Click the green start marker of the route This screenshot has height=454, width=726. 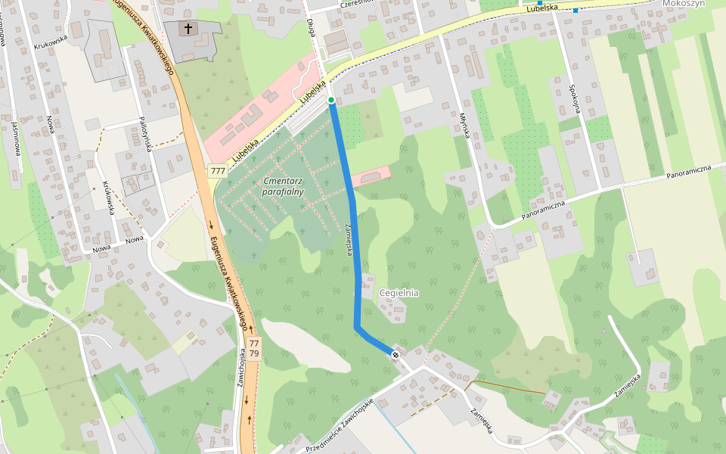click(x=331, y=100)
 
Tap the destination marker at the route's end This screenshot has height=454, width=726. click(x=395, y=354)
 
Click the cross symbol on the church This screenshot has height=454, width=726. click(x=188, y=29)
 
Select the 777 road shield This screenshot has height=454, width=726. click(x=218, y=171)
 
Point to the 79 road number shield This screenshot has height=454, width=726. click(x=254, y=353)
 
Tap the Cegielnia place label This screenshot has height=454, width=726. click(x=400, y=293)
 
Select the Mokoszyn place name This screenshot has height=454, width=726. click(x=683, y=4)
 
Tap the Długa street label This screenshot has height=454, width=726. click(x=311, y=27)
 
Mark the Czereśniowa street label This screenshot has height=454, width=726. click(x=358, y=4)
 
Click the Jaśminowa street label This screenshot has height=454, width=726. click(x=14, y=136)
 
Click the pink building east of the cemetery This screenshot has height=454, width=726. click(x=371, y=176)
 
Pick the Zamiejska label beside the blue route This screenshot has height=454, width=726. click(x=349, y=240)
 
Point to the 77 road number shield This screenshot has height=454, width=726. click(x=254, y=343)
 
